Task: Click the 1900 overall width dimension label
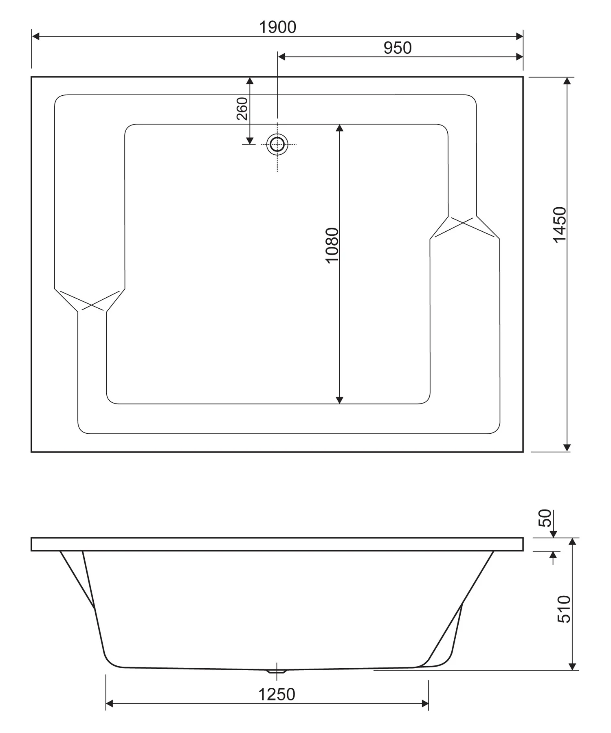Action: (x=277, y=27)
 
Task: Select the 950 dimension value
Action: (x=398, y=48)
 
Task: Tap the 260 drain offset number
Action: (x=242, y=108)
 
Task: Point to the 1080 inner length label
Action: (x=332, y=246)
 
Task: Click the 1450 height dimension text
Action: (x=560, y=225)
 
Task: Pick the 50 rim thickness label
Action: (x=545, y=518)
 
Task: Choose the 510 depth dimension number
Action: (x=564, y=609)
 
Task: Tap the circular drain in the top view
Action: (x=277, y=144)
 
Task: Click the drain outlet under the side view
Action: (x=277, y=671)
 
